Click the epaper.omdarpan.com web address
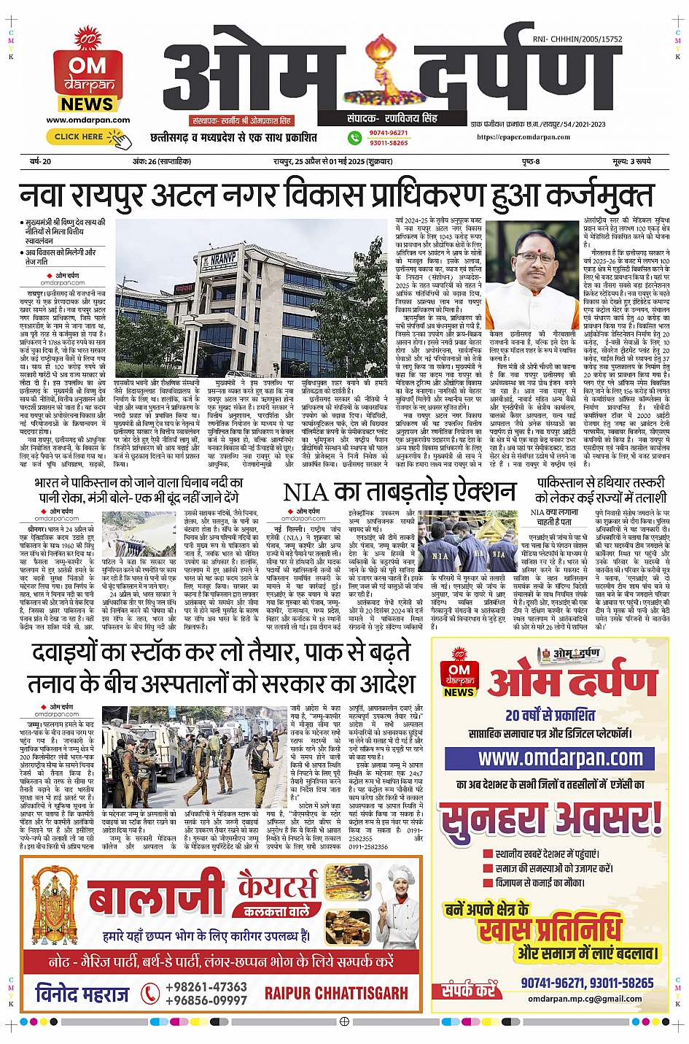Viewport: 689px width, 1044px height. (x=523, y=136)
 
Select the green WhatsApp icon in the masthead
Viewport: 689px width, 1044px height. (x=354, y=137)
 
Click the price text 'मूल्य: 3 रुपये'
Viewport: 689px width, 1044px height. (x=631, y=161)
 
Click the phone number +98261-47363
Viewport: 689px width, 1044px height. (x=206, y=986)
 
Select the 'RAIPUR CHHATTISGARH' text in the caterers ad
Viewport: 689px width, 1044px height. (x=336, y=993)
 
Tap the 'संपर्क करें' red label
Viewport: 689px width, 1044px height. (x=468, y=990)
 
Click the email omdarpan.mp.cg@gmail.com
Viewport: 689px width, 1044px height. (x=585, y=999)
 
